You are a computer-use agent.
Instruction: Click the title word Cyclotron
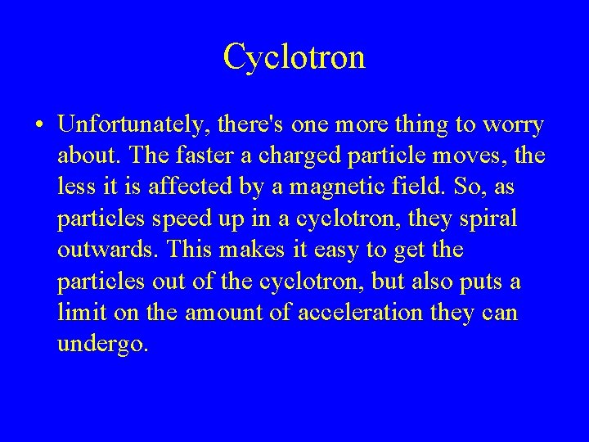[294, 56]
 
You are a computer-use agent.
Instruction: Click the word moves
[482, 156]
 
